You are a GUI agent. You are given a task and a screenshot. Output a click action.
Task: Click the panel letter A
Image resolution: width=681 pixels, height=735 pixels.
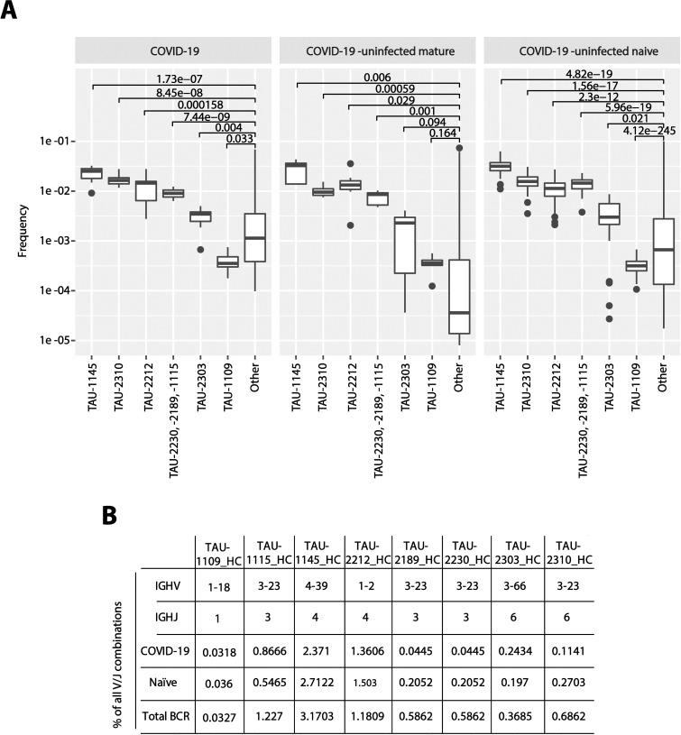click(x=11, y=17)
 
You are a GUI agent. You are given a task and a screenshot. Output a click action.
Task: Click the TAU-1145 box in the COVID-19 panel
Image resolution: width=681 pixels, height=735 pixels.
click(x=91, y=172)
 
